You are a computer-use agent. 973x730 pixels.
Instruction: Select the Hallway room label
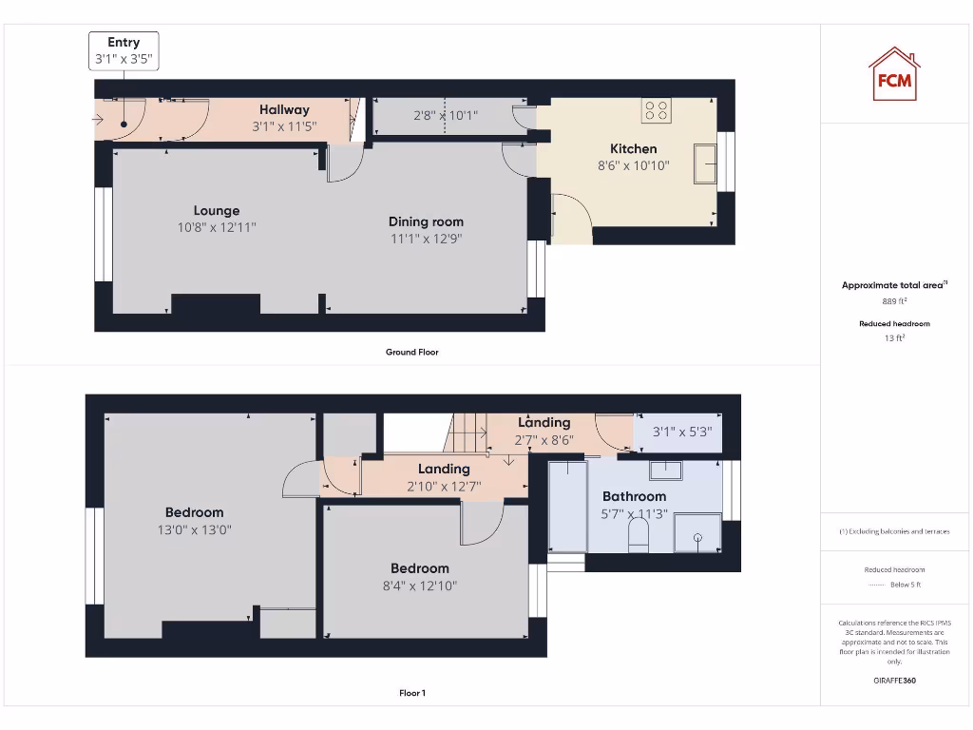[x=284, y=109]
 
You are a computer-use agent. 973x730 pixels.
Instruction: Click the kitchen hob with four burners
[x=656, y=110]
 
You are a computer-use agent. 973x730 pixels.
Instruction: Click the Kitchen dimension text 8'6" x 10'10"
[x=633, y=165]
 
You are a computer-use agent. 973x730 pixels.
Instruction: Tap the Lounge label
[x=217, y=210]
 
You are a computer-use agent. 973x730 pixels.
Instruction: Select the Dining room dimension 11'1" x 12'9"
[x=426, y=239]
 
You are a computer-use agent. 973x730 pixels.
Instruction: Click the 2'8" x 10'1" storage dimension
[x=445, y=116]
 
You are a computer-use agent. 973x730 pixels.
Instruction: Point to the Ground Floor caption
[x=411, y=352]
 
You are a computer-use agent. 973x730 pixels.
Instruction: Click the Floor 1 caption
[x=411, y=693]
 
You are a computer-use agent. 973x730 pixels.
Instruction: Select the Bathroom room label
[x=634, y=496]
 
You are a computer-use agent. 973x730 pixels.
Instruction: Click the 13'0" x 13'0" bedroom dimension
[x=194, y=529]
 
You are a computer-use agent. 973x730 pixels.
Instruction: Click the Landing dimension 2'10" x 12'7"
[x=444, y=486]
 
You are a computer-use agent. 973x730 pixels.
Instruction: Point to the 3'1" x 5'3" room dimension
[x=681, y=432]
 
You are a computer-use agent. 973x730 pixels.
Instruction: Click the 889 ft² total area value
[x=894, y=300]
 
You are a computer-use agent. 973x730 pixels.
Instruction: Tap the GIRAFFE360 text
[x=894, y=680]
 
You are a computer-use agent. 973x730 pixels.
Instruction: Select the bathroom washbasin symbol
[x=666, y=469]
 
